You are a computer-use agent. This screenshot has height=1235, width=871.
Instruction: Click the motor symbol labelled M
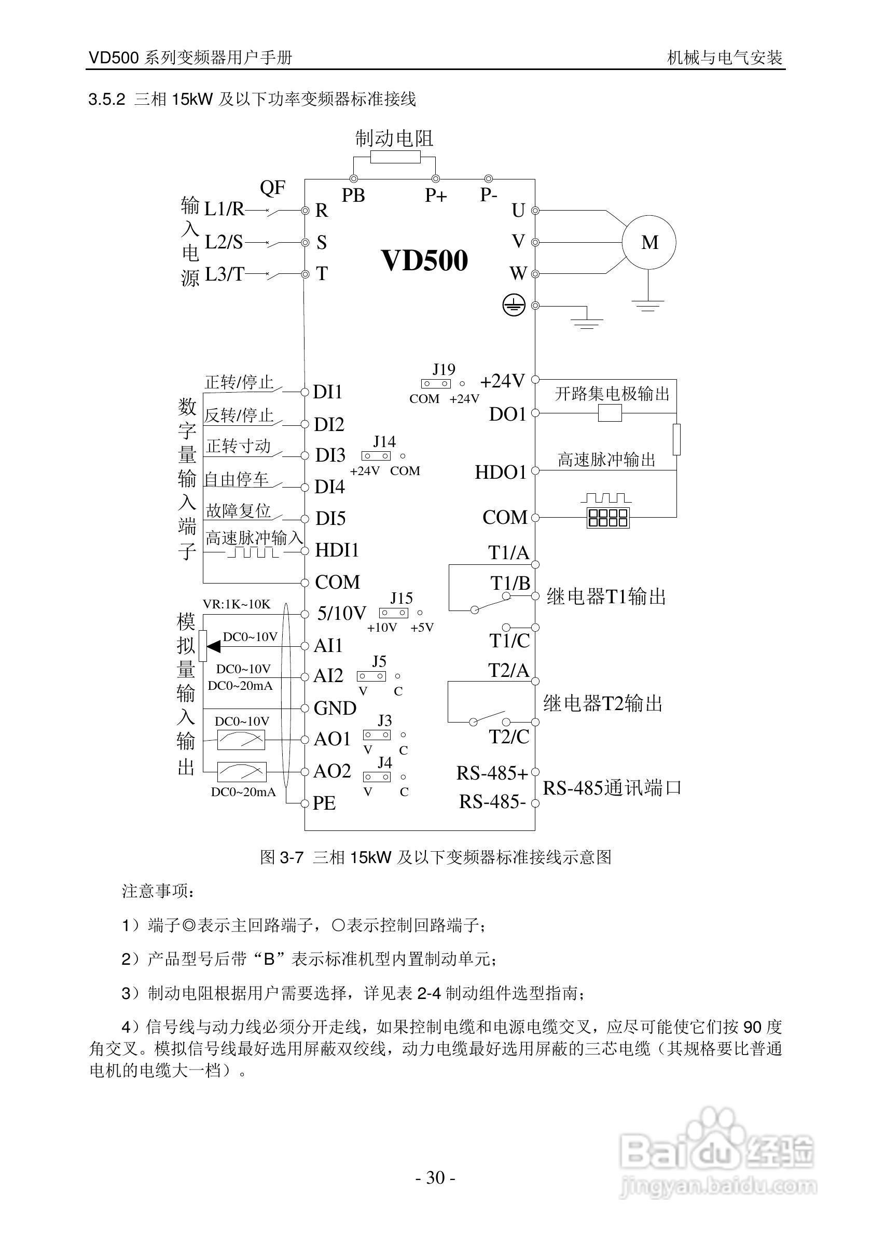649,242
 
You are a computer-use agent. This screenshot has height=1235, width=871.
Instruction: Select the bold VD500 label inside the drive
424,260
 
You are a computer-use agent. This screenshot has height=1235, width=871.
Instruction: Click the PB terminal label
353,195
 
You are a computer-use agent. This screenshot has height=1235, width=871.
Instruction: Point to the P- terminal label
489,195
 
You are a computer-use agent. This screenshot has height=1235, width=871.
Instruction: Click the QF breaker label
272,188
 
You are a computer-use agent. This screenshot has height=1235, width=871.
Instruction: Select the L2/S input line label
224,242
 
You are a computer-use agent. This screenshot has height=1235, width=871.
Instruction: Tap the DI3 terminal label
330,455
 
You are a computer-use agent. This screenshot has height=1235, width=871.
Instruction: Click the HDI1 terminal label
336,550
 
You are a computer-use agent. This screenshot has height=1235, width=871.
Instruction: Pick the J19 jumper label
444,369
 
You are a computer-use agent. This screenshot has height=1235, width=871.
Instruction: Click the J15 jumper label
402,598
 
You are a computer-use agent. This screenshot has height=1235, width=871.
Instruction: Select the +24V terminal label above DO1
502,381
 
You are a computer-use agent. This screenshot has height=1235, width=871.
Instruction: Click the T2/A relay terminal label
508,670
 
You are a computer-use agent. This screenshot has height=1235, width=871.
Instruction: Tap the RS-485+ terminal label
492,773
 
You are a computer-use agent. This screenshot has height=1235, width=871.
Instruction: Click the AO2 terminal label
332,771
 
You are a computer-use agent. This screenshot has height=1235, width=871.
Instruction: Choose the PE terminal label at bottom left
324,803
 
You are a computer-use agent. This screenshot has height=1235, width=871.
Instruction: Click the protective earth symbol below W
513,306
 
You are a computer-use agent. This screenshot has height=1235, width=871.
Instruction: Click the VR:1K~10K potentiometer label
237,604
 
